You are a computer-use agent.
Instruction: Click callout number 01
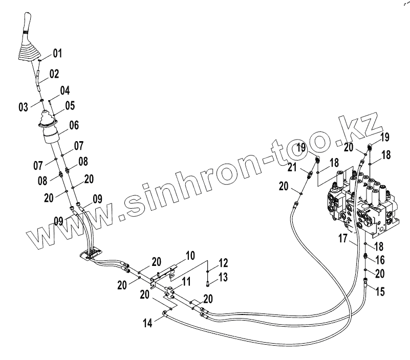(56, 53)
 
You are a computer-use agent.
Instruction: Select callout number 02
(54, 74)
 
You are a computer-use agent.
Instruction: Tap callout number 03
(24, 107)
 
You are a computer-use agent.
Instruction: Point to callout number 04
(64, 91)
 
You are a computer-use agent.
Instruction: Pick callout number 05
(69, 106)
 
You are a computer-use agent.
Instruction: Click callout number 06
(74, 124)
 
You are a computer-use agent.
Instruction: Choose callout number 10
(190, 255)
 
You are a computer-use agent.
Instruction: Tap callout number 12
(223, 263)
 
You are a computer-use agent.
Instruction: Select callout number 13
(223, 277)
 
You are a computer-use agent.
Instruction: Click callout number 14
(147, 323)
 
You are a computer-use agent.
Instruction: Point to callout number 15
(380, 292)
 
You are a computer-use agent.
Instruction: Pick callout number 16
(380, 260)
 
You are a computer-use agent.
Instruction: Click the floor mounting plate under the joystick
(92, 254)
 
